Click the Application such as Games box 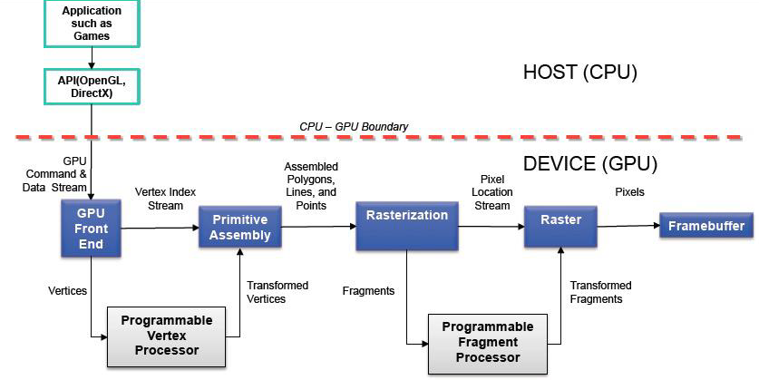pos(91,24)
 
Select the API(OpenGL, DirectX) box pos(91,86)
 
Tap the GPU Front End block pos(91,229)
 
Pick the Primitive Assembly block pos(240,227)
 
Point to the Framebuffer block pos(705,226)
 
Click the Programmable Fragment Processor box pos(482,344)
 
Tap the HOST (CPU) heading pos(580,73)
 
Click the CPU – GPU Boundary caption pos(354,126)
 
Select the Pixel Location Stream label pos(492,192)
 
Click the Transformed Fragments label pos(600,292)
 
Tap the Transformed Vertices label pos(277,292)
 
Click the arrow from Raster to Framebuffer pos(628,227)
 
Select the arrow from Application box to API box pos(91,58)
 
